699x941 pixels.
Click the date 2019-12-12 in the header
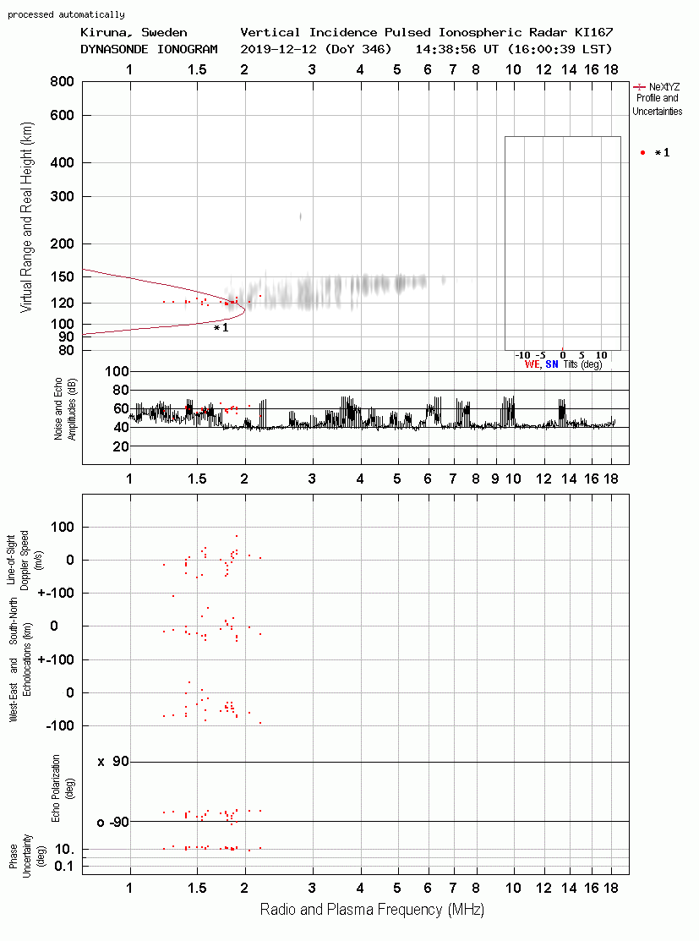[278, 49]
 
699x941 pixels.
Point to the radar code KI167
[594, 32]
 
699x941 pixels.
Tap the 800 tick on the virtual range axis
[62, 82]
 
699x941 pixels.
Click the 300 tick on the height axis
[62, 196]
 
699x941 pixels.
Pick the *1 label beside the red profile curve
[221, 328]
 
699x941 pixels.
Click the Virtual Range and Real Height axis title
[26, 217]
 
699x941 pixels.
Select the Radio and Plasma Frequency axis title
[372, 910]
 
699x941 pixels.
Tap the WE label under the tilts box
[532, 364]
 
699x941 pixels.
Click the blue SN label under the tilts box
[552, 364]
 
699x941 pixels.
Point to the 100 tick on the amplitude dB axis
[117, 371]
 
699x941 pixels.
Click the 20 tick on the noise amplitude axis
[121, 446]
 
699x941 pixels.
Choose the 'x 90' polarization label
[113, 762]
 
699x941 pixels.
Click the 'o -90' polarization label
[113, 822]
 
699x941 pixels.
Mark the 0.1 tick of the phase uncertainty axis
[63, 866]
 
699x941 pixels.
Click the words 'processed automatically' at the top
[66, 14]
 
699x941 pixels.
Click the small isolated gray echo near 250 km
[301, 216]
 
